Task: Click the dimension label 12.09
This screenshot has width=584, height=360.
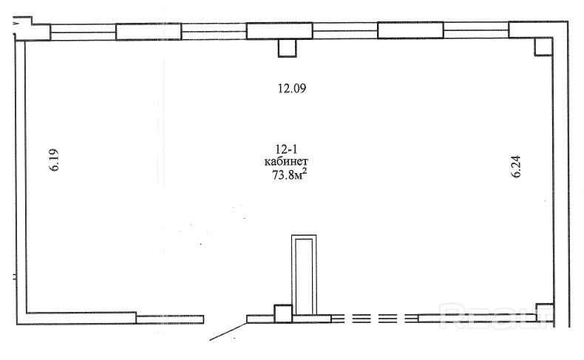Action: (292, 89)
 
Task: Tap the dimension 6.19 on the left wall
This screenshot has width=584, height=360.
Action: (55, 160)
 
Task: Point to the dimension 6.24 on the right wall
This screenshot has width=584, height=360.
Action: (516, 166)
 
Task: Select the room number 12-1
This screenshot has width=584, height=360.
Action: (286, 149)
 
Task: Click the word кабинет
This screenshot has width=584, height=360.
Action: (286, 162)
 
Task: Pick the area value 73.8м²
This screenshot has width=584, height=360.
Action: (289, 174)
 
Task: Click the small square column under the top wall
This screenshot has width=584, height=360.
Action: (287, 48)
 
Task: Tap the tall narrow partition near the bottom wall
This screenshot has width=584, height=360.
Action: (304, 275)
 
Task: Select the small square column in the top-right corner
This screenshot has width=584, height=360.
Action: (543, 47)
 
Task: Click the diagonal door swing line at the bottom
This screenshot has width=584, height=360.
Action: (228, 331)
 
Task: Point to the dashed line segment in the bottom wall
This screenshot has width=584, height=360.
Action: (374, 319)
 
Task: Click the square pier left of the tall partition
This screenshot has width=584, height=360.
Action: (283, 314)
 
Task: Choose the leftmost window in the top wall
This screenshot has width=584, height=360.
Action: (83, 32)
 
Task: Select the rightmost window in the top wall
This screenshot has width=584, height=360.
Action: (476, 30)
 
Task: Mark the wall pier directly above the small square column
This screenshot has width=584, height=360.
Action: (279, 31)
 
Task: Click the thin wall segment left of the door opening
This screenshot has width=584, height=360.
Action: (170, 319)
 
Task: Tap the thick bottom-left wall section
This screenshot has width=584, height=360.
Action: (76, 319)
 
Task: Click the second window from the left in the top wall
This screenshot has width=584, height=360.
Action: (214, 32)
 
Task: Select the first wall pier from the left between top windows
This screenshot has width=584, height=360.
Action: (149, 32)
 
